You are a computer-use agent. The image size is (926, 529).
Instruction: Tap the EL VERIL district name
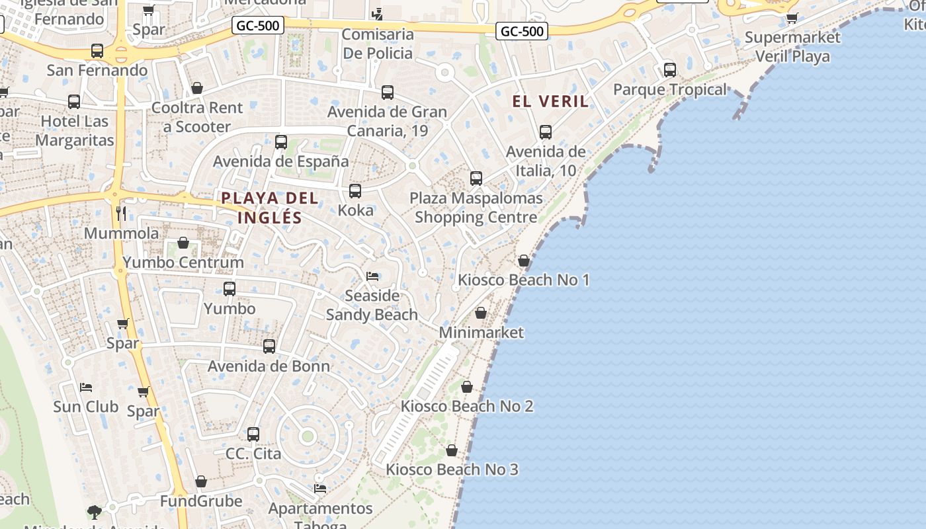pos(550,101)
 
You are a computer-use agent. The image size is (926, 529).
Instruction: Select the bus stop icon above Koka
pos(355,191)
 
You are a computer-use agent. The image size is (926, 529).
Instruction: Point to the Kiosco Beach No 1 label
pos(524,280)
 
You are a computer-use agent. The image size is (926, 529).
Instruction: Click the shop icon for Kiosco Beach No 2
pos(467,387)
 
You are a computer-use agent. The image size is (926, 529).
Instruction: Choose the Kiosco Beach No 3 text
pos(452,469)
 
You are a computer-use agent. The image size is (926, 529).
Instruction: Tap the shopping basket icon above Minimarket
pos(481,313)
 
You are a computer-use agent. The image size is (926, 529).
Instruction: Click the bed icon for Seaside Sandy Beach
pos(372,276)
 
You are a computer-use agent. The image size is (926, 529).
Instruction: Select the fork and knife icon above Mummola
pos(121,213)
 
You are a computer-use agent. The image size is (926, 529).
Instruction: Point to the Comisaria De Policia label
pos(378,44)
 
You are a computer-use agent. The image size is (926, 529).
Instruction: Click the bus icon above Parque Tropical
pos(670,69)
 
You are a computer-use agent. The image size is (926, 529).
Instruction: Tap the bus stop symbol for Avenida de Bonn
pos(269,346)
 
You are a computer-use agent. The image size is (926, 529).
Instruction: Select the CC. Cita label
pos(253,454)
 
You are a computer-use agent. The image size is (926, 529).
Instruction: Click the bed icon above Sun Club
pos(85,387)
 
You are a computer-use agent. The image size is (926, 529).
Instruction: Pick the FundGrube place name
pos(201,501)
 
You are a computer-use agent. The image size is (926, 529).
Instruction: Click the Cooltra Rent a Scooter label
pos(197,117)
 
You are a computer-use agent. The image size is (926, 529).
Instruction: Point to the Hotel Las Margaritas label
pos(75,131)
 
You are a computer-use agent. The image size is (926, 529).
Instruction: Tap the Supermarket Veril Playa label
pos(792,46)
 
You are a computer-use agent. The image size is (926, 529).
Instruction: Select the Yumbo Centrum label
pos(183,263)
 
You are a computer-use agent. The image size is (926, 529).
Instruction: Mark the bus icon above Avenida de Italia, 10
pos(546,132)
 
